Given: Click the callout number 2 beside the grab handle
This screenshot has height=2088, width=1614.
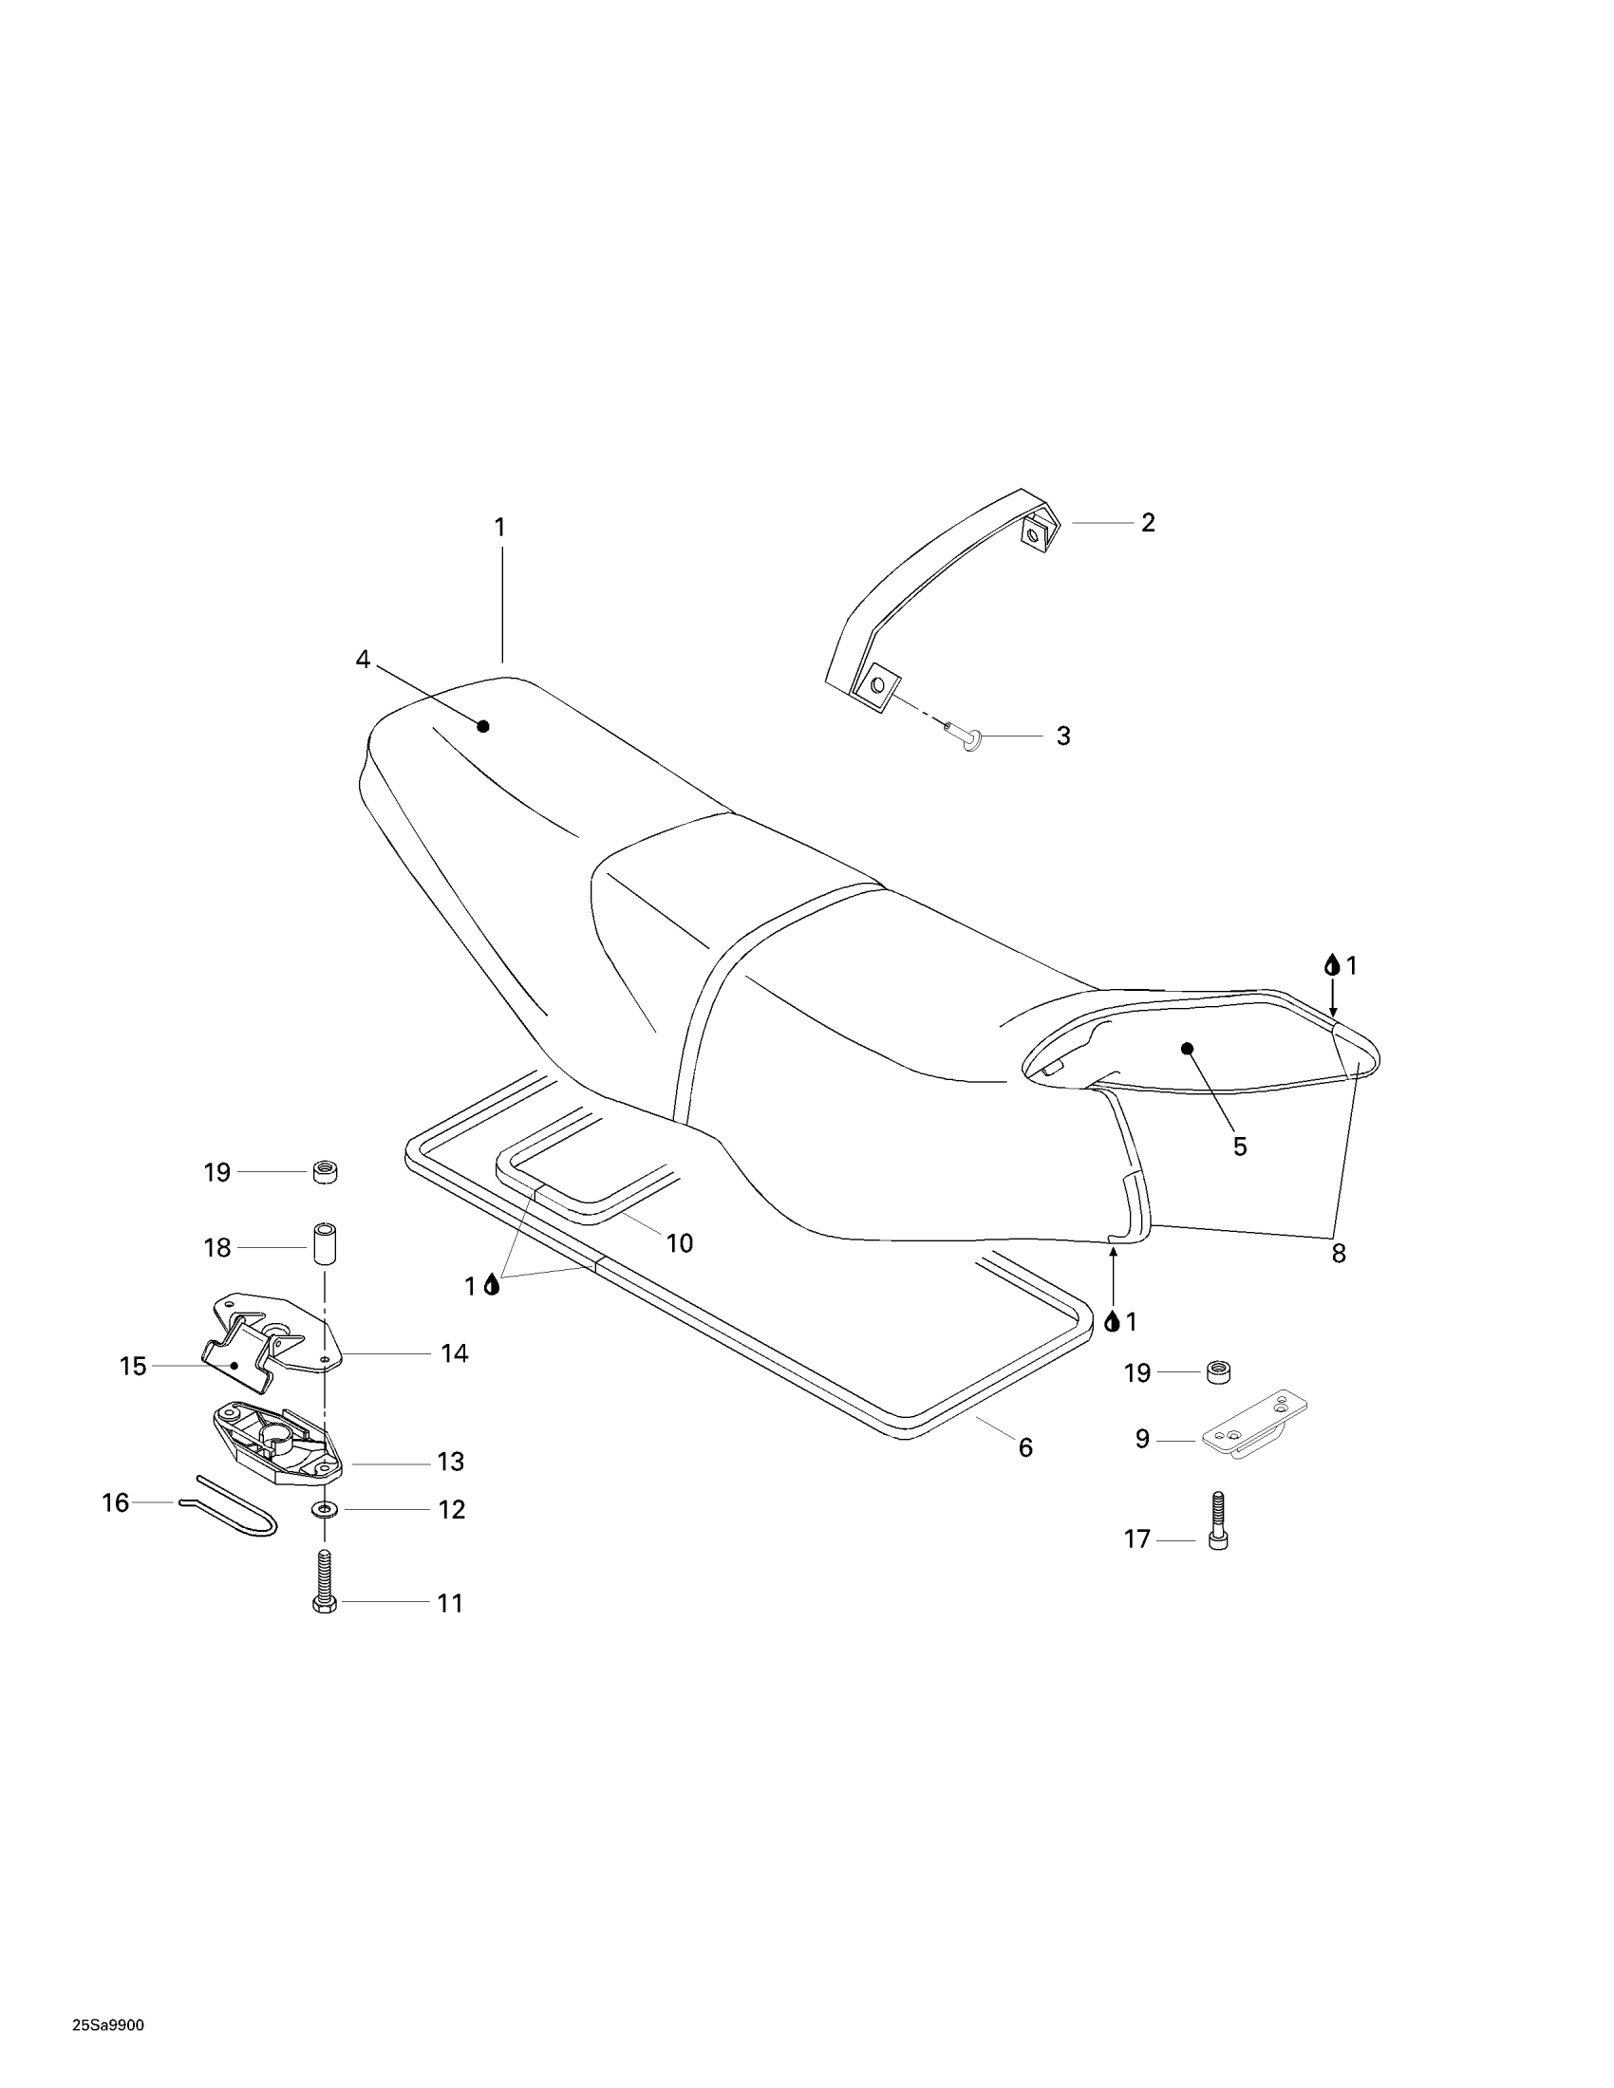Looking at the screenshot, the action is point(1148,522).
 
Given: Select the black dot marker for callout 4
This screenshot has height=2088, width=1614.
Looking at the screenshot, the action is point(483,726).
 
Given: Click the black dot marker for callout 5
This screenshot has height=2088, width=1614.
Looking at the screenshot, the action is point(1188,1048).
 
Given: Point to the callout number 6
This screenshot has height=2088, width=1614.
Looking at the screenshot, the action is point(1025,1447).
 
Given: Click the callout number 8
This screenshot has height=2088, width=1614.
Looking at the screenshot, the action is point(1339,1254).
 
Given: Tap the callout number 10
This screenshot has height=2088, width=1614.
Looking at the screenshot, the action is point(679,1243).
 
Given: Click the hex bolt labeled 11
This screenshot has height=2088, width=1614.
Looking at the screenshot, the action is point(325,1582).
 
